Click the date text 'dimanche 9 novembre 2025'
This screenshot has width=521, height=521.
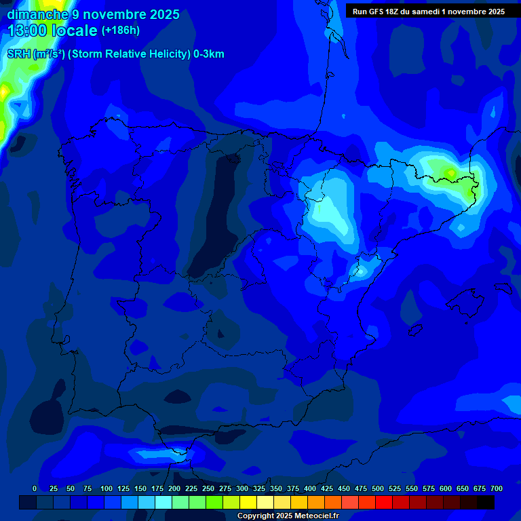(x=93, y=14)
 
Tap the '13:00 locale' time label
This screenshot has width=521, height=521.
(x=52, y=31)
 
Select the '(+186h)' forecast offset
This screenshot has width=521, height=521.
(x=120, y=30)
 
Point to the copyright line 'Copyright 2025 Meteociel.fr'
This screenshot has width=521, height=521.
(x=288, y=516)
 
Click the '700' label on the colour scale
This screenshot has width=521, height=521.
(x=497, y=489)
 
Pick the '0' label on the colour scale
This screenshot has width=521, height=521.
(x=35, y=489)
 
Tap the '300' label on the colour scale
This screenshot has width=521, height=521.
(x=242, y=489)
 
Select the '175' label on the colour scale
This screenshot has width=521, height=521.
(x=157, y=489)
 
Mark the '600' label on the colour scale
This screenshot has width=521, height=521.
(x=446, y=489)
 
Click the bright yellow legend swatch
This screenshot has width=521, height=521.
(x=248, y=502)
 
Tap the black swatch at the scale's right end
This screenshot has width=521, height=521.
(x=486, y=502)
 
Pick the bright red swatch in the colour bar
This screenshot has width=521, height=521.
(x=384, y=502)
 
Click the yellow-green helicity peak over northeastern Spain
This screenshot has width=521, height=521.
(x=450, y=173)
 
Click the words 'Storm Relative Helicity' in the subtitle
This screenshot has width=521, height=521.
(x=129, y=54)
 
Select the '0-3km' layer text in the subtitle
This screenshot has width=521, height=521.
(x=209, y=54)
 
